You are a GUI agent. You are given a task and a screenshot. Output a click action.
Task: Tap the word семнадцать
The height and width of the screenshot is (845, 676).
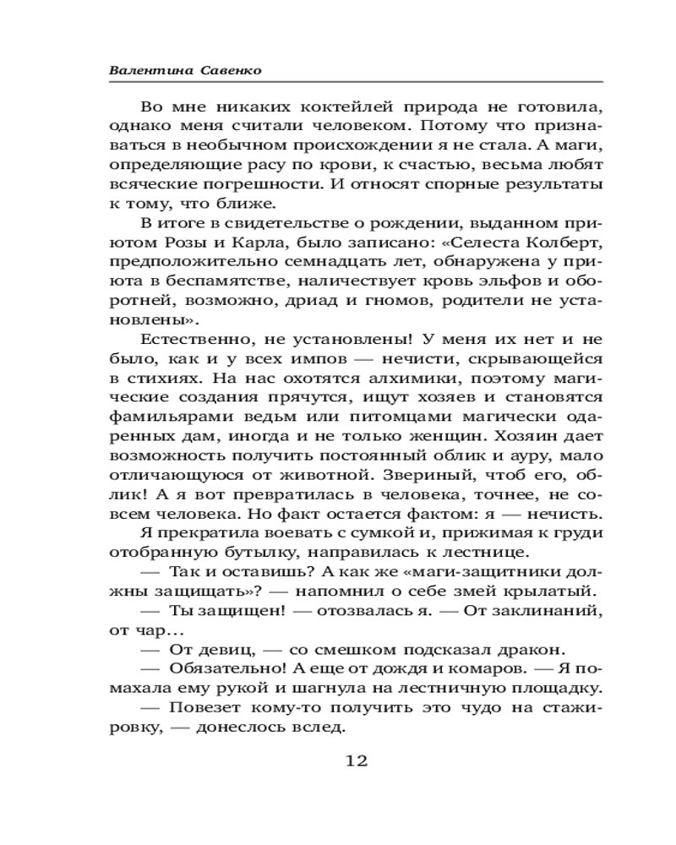click(x=296, y=263)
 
